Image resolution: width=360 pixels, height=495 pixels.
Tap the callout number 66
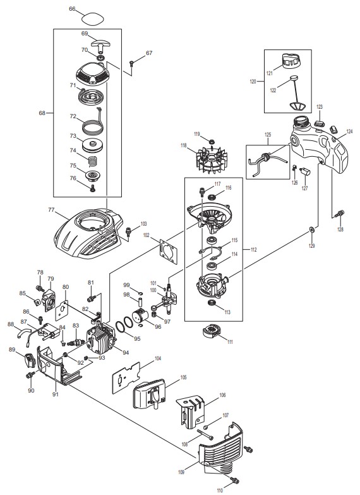(x=72, y=9)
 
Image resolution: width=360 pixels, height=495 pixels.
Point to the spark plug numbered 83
(x=76, y=341)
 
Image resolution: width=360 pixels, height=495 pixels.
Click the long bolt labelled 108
(x=205, y=434)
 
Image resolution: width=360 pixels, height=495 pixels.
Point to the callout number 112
(x=253, y=250)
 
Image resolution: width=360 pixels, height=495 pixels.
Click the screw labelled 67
(x=132, y=63)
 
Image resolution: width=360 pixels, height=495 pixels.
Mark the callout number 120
(x=253, y=82)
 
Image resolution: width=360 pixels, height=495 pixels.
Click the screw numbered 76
(x=93, y=188)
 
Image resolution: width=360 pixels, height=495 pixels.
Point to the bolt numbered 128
(x=340, y=214)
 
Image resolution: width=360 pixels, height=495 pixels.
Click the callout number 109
(x=181, y=472)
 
